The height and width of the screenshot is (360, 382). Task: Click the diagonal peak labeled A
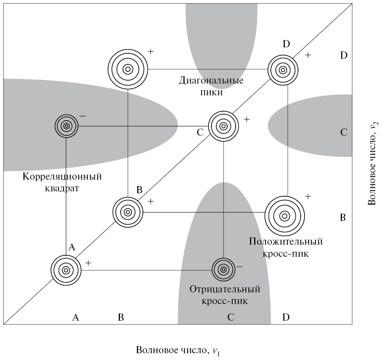[x=66, y=270]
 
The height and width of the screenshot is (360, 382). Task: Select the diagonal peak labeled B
[x=128, y=212]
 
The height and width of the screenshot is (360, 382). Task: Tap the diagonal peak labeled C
[x=223, y=126]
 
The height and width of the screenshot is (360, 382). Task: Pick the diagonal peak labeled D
[x=283, y=70]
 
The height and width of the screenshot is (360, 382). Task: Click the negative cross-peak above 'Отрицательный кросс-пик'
[x=223, y=270]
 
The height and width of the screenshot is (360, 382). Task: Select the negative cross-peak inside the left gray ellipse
[x=67, y=126]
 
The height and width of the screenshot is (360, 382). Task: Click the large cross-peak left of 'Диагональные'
[x=127, y=69]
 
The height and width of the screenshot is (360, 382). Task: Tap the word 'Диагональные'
[x=211, y=81]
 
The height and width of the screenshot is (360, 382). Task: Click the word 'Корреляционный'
[x=62, y=177]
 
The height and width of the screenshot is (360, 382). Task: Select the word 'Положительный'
[x=286, y=242]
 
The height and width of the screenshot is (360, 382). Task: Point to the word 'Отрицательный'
[x=225, y=290]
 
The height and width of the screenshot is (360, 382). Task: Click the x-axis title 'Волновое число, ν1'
[x=178, y=350]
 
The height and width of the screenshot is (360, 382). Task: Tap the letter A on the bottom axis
[x=75, y=318]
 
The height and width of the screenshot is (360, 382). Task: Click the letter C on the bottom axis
[x=231, y=318]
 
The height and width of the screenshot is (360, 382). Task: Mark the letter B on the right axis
[x=343, y=218]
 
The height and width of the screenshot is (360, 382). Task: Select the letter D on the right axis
[x=343, y=56]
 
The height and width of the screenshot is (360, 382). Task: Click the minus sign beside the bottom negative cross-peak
[x=239, y=267]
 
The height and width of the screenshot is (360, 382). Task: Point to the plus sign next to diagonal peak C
[x=247, y=119]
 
